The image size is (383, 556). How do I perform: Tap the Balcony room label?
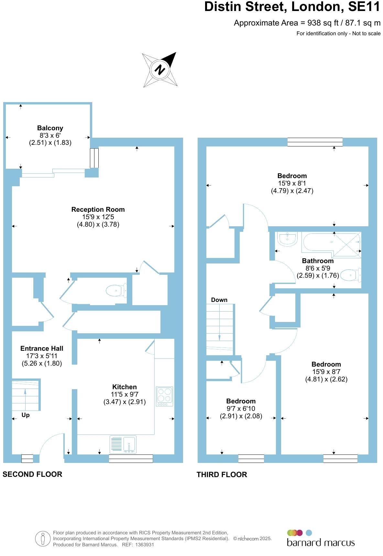pos(50,128)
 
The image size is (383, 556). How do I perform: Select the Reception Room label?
pos(98,209)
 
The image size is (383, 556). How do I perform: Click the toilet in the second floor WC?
pos(116,291)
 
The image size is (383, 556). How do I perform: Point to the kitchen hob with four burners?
pos(164,396)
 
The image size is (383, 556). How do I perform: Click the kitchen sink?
pos(123,445)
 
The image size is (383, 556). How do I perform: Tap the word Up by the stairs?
pos(26,415)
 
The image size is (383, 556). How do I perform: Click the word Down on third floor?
pos(219,300)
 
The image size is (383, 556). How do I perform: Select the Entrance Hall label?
pos(42,348)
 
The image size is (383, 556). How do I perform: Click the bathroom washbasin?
pos(287,239)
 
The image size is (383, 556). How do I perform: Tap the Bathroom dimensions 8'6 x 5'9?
pos(318,268)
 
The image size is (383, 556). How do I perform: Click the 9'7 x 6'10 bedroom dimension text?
pos(241,409)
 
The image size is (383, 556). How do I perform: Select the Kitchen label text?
pos(124,387)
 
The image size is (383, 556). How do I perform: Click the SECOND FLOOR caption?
pos(32,474)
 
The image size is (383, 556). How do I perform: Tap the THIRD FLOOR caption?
pos(222,475)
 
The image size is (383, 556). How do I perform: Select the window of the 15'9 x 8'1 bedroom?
pos(315,142)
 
